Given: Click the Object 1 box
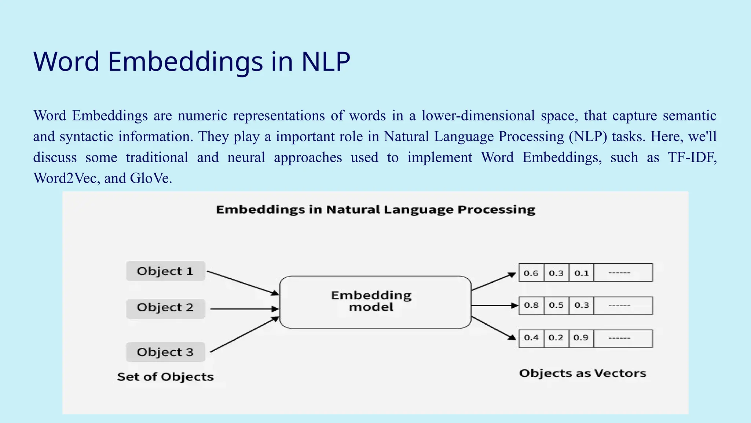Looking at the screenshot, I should [x=165, y=271].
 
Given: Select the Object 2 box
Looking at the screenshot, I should [x=165, y=308].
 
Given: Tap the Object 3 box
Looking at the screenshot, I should [x=165, y=352].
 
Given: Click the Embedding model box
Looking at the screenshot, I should [x=375, y=302].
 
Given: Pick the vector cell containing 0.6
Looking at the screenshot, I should [x=531, y=273].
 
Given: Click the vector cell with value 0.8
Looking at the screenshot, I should [x=531, y=305].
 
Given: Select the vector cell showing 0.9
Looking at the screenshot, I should [x=581, y=338].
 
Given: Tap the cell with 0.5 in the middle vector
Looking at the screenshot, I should [x=556, y=305].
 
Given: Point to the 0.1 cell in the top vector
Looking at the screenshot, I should [x=581, y=273].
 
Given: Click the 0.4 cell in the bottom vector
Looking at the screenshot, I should [x=531, y=338].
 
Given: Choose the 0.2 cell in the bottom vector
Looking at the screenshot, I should [x=556, y=338].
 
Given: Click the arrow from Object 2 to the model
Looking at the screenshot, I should [x=243, y=309].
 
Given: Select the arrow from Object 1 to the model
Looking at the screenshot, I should [x=242, y=283].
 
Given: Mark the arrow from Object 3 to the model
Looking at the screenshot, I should [x=243, y=335].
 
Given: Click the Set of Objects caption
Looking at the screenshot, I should [x=165, y=377].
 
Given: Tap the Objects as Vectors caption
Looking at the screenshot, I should [x=582, y=373].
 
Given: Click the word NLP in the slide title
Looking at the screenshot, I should [x=326, y=61].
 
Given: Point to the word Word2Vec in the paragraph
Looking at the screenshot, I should [x=65, y=178].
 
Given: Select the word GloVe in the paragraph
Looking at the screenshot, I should [x=150, y=178].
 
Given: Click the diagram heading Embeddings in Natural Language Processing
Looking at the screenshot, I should [x=375, y=210].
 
